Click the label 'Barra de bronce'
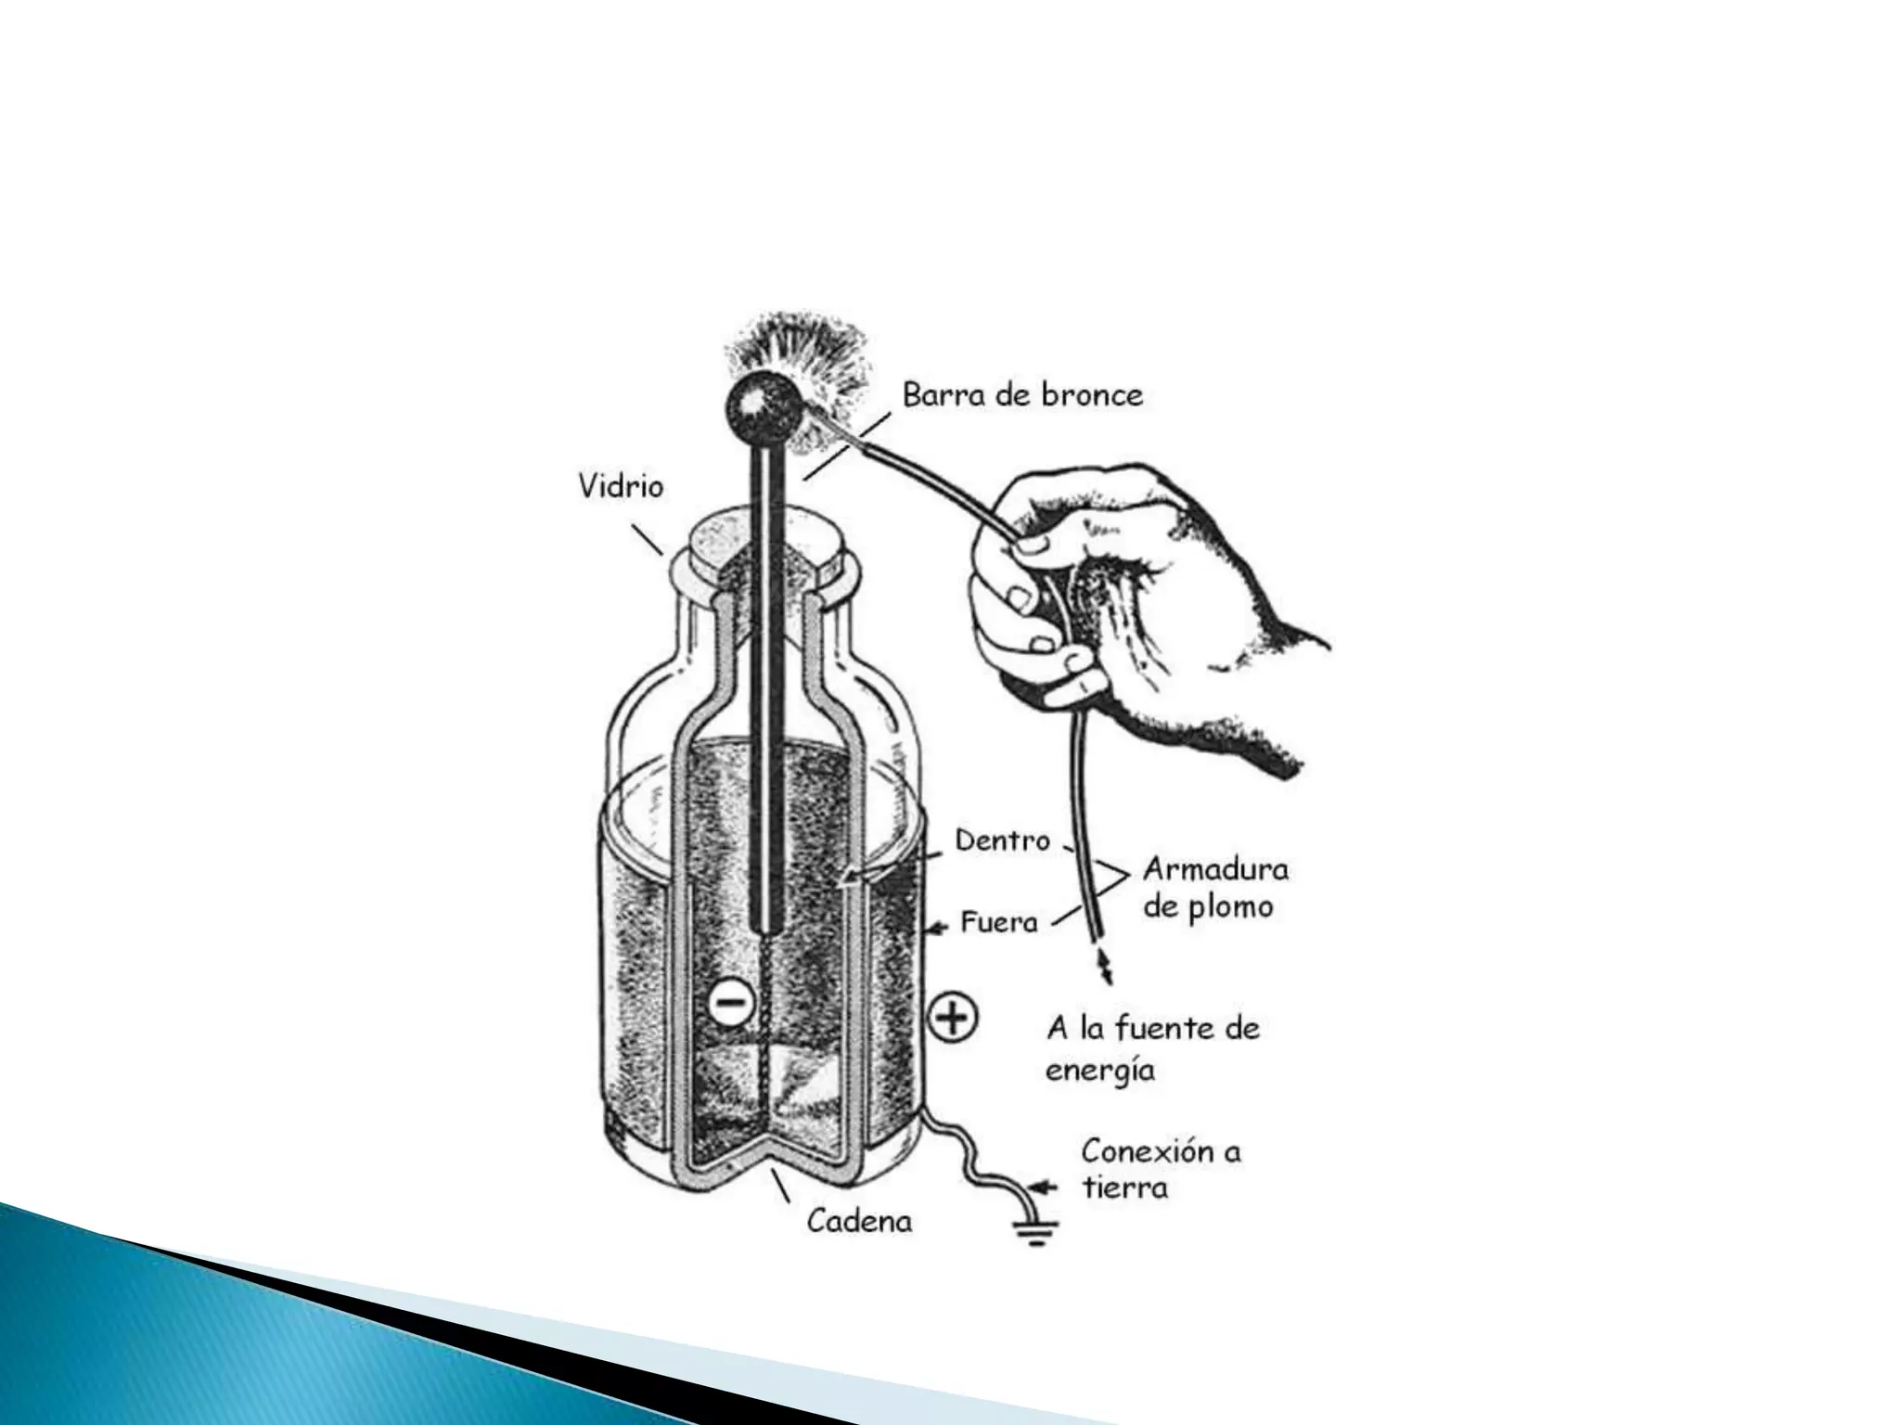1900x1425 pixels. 1022,395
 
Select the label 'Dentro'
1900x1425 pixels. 1003,841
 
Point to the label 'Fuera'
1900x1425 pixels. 998,922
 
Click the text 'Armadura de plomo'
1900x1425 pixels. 1215,887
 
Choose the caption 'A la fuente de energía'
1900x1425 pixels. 1152,1048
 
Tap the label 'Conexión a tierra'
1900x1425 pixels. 1161,1169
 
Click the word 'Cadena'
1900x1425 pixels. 859,1220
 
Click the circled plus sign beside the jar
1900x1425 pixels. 954,1019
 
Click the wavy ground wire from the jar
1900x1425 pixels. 974,1160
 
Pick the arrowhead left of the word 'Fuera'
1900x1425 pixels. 942,925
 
